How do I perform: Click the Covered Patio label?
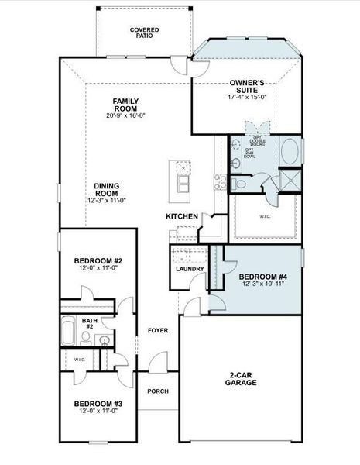145,33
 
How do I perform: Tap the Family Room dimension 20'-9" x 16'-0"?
126,115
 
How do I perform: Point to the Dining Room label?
106,185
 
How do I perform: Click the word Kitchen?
182,216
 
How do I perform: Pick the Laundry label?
190,269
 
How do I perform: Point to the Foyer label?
158,331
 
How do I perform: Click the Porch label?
158,391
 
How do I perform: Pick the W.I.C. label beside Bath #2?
79,360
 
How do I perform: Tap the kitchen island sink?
184,183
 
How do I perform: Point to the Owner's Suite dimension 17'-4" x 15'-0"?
248,97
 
